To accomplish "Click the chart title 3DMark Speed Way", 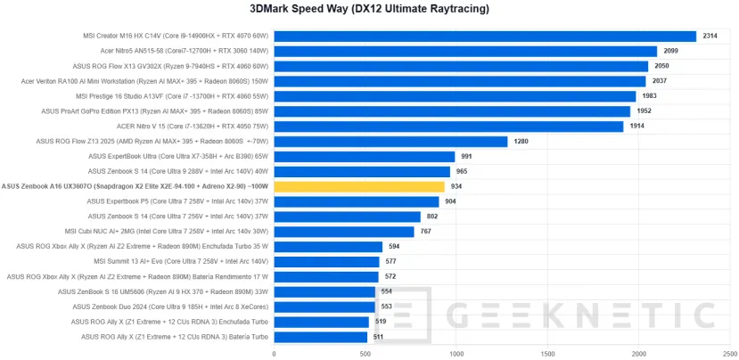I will [369, 9].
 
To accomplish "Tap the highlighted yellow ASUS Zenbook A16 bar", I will [359, 186].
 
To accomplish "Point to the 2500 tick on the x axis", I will [728, 353].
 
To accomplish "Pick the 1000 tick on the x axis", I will [456, 353].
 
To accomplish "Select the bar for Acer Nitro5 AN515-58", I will [464, 52].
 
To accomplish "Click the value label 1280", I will [521, 141].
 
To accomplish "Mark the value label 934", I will [457, 186].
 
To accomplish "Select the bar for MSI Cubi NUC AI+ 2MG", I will [344, 232].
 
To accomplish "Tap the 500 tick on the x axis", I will [365, 353].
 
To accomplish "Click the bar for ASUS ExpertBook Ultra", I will [365, 156].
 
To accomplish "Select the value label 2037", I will [660, 81].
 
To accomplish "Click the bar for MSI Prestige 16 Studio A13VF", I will [455, 96].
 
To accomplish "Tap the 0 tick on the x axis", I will [275, 353].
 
